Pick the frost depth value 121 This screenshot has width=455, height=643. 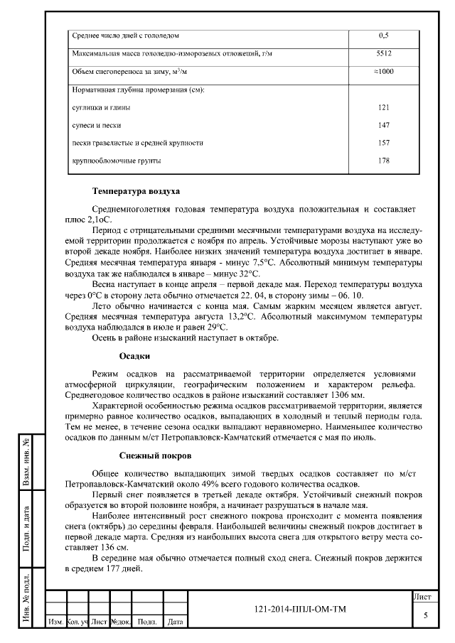pos(384,107)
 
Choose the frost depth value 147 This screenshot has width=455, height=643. pos(384,125)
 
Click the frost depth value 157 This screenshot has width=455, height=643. pos(384,143)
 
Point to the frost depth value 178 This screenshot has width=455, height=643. pos(384,161)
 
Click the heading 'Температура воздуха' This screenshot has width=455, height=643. pos(136,192)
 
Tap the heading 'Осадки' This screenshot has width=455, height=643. pos(134,356)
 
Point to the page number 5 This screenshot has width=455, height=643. pos(425,615)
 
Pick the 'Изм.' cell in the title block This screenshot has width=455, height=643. pos(55,622)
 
